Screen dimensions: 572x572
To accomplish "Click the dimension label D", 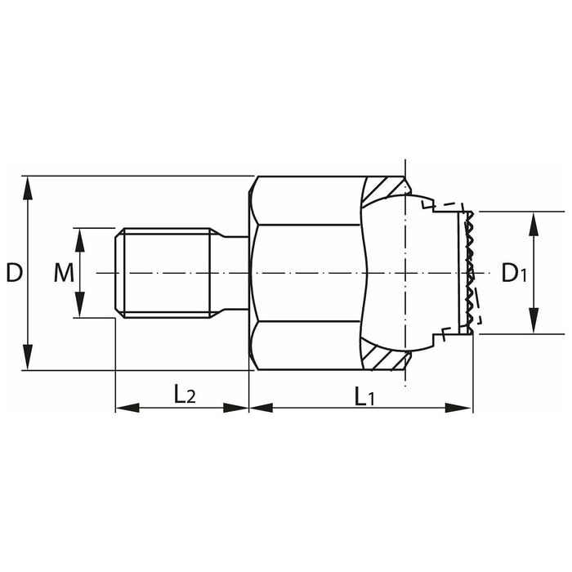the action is [15, 273].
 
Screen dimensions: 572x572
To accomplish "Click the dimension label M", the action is [64, 273].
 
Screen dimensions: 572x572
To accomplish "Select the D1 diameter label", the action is [514, 273].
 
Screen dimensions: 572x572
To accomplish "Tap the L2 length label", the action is [185, 395].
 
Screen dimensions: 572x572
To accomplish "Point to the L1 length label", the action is [364, 397].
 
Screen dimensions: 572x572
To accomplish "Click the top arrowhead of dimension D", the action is [28, 188].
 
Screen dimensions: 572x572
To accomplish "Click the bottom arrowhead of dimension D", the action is [28, 358].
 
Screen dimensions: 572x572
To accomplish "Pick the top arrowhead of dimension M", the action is [80, 240].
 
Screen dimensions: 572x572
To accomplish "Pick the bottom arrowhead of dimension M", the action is [80, 305].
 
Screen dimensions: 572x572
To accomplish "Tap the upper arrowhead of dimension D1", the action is [534, 224].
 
